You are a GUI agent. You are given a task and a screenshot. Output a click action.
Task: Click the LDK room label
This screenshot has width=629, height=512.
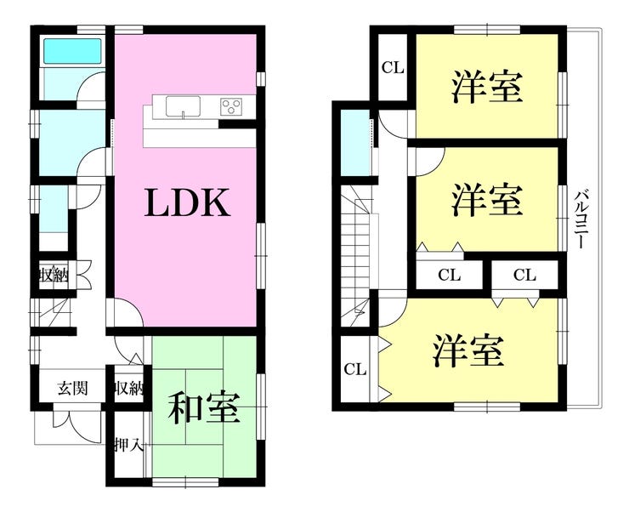(x=188, y=202)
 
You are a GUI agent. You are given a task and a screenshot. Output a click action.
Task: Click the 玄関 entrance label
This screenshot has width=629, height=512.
(x=72, y=388)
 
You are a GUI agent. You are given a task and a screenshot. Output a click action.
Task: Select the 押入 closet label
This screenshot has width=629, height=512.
(x=128, y=445)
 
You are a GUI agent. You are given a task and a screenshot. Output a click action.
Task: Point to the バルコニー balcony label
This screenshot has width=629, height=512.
(x=580, y=219)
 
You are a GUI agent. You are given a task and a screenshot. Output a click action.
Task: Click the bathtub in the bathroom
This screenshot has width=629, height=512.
(x=72, y=51)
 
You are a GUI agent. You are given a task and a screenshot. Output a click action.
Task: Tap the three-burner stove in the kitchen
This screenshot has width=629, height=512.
(x=231, y=106)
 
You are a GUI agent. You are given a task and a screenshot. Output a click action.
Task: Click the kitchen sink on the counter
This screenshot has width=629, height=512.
(x=183, y=107)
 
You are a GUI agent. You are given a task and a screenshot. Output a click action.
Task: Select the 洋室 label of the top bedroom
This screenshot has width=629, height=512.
(x=487, y=87)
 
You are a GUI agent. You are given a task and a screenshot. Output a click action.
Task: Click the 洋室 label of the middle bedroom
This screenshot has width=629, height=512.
(x=487, y=199)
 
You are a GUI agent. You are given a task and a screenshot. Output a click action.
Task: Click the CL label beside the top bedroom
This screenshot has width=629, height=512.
(x=393, y=68)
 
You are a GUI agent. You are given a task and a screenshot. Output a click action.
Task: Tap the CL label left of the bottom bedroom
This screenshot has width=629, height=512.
(x=355, y=369)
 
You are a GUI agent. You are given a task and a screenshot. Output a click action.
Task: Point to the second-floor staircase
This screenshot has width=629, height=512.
(x=356, y=257)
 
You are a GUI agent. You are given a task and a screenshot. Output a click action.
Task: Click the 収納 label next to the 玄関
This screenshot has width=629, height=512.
(x=128, y=388)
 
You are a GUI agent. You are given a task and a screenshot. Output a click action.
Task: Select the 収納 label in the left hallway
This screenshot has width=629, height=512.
(x=54, y=276)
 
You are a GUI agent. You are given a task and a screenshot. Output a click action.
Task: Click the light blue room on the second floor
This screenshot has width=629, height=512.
(x=355, y=142)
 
